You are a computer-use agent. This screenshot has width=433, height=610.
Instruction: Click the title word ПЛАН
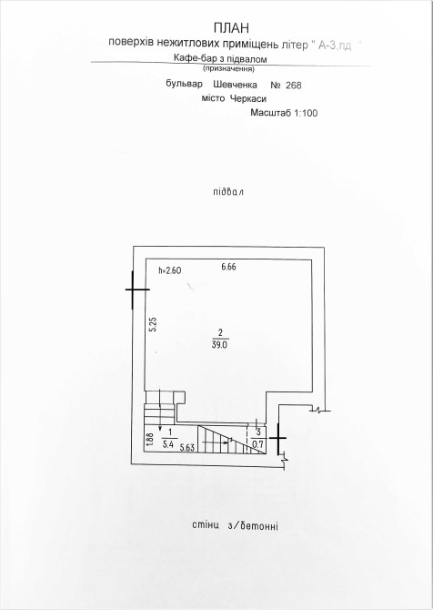point(231,28)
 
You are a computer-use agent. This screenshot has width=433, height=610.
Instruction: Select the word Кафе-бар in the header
point(192,59)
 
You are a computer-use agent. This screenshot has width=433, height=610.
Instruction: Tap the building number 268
point(294,86)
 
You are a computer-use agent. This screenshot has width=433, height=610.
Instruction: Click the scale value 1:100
point(306,113)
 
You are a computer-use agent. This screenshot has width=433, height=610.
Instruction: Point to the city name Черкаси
point(248,99)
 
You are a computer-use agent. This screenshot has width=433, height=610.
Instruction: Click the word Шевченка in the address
point(236,85)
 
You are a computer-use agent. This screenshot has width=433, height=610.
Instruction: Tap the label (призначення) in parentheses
point(228,69)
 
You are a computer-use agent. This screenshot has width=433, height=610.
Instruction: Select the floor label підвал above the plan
point(228,192)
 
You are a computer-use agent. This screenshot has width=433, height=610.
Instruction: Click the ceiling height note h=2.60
point(170,270)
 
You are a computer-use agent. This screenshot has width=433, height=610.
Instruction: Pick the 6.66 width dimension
point(228,267)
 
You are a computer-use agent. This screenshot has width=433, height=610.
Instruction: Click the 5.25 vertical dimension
point(153,324)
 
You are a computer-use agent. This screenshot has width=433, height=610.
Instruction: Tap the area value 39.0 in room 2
point(220,345)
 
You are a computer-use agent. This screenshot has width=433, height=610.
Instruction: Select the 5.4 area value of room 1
point(168,444)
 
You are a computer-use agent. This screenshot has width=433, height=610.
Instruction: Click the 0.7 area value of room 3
point(258,444)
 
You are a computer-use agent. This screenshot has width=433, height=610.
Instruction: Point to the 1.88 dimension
point(151,440)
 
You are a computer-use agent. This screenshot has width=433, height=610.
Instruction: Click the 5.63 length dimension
point(187,448)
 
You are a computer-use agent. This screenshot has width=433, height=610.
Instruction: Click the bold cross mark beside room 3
point(278,439)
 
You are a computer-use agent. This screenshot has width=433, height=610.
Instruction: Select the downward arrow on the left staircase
point(160,410)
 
